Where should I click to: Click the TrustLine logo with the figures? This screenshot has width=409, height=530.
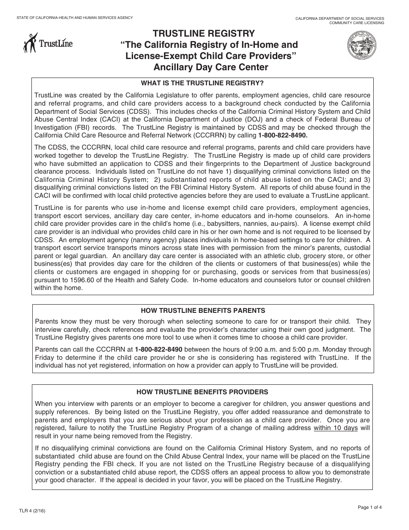pyautogui.click(x=48, y=43)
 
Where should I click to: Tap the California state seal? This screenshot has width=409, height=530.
pyautogui.click(x=361, y=46)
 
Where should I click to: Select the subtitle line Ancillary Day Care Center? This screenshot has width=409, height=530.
pyautogui.click(x=211, y=67)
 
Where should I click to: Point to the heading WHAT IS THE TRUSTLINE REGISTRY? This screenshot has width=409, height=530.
pyautogui.click(x=202, y=83)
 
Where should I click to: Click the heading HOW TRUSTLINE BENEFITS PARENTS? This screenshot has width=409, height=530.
pyautogui.click(x=203, y=310)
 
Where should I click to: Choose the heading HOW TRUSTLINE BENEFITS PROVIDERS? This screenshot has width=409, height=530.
pyautogui.click(x=202, y=392)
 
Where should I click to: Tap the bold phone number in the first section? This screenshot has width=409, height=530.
pyautogui.click(x=283, y=135)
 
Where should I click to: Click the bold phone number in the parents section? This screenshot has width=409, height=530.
pyautogui.click(x=158, y=349)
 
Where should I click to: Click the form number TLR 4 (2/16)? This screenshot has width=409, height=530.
pyautogui.click(x=31, y=511)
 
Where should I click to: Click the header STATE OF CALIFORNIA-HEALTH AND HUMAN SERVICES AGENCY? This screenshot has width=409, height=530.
pyautogui.click(x=74, y=18)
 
